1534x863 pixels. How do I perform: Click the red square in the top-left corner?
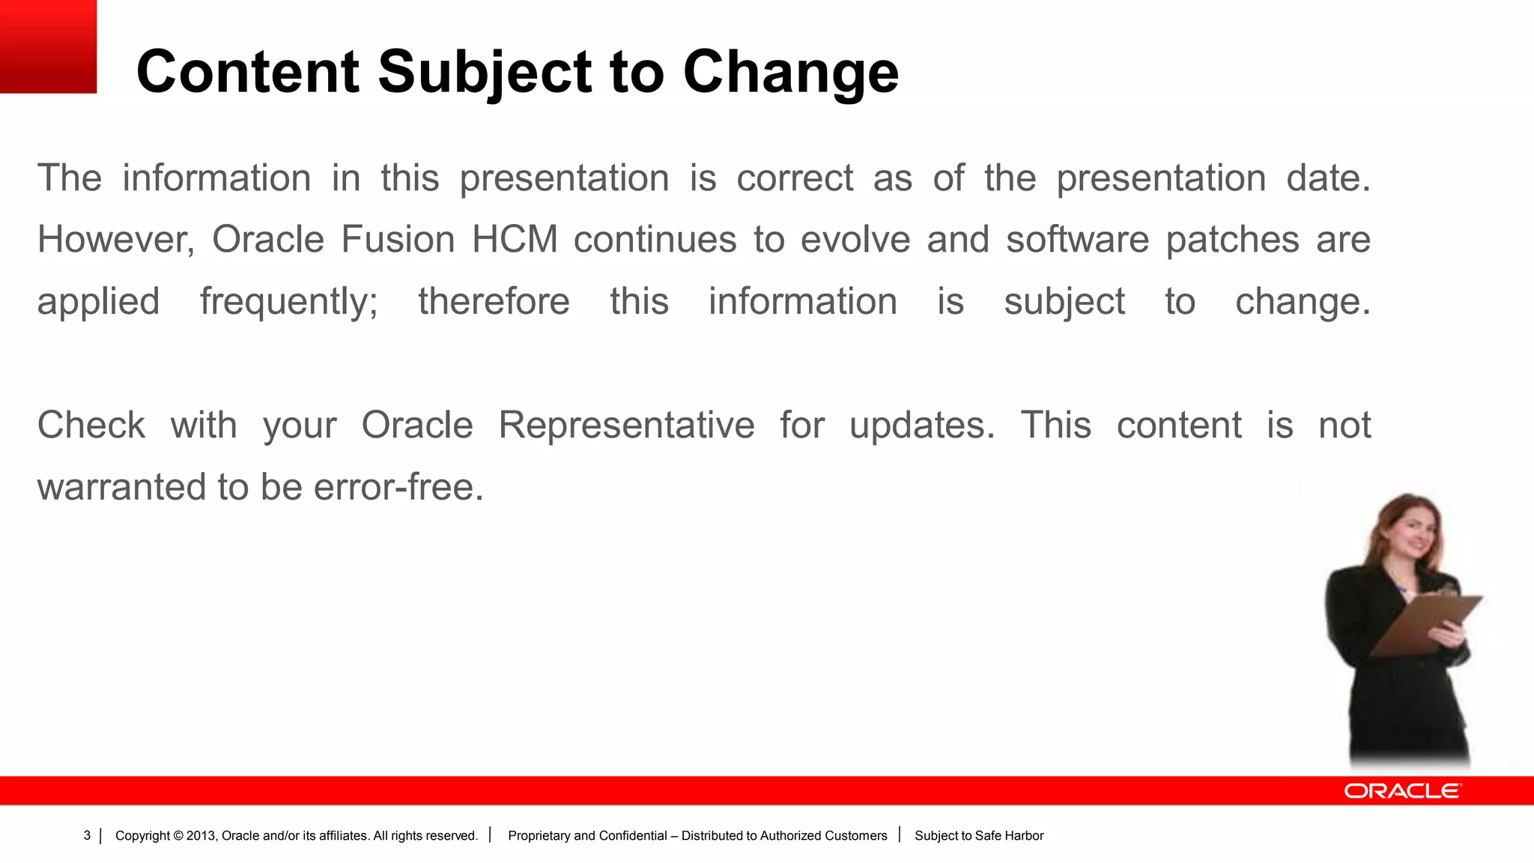tap(48, 46)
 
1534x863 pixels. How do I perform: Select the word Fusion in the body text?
tap(398, 240)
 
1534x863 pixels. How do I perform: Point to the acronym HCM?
tap(515, 240)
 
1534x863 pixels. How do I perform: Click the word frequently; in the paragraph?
tap(288, 302)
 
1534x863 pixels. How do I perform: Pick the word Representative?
tap(626, 426)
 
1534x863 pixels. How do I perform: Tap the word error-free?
tap(398, 488)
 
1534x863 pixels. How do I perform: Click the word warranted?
tap(121, 488)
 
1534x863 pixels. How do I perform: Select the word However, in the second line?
tap(116, 240)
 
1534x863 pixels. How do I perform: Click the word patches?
tap(1232, 240)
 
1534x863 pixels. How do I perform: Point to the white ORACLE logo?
tap(1401, 791)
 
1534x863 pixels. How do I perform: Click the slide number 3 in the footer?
tap(87, 835)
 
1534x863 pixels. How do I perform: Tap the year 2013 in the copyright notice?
tap(201, 835)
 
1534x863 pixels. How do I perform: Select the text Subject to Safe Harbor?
tap(978, 835)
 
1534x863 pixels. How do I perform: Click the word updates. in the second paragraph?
tap(922, 426)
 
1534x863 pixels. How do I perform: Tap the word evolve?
tap(855, 240)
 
